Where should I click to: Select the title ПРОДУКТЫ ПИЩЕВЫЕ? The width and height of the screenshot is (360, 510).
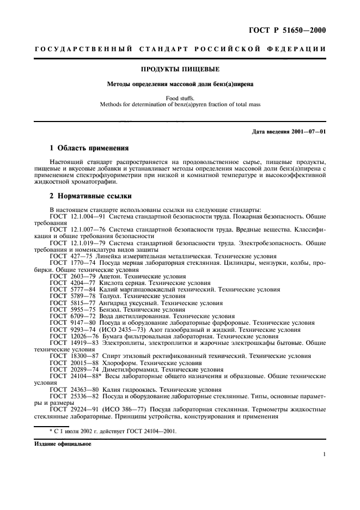coord(179,69)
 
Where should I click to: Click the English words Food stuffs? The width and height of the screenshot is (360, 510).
coord(180,99)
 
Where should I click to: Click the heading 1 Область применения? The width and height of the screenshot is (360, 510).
coord(89,148)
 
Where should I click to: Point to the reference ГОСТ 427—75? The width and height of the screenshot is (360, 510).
coord(70,255)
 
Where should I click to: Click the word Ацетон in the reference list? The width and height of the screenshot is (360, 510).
coord(111,276)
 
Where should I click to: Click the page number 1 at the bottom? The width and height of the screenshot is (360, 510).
coord(324,454)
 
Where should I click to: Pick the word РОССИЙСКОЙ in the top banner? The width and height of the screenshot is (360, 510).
coord(230,50)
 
